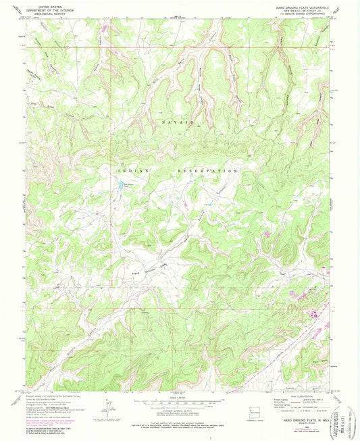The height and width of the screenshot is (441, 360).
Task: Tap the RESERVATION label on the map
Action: coord(207,172)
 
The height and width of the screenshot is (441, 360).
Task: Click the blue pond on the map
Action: coord(122,184)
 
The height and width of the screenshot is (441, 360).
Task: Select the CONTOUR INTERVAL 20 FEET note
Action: coord(179,411)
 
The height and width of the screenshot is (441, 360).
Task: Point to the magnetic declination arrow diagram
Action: coord(107,409)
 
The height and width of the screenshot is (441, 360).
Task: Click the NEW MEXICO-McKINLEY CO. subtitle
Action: coord(301,11)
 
